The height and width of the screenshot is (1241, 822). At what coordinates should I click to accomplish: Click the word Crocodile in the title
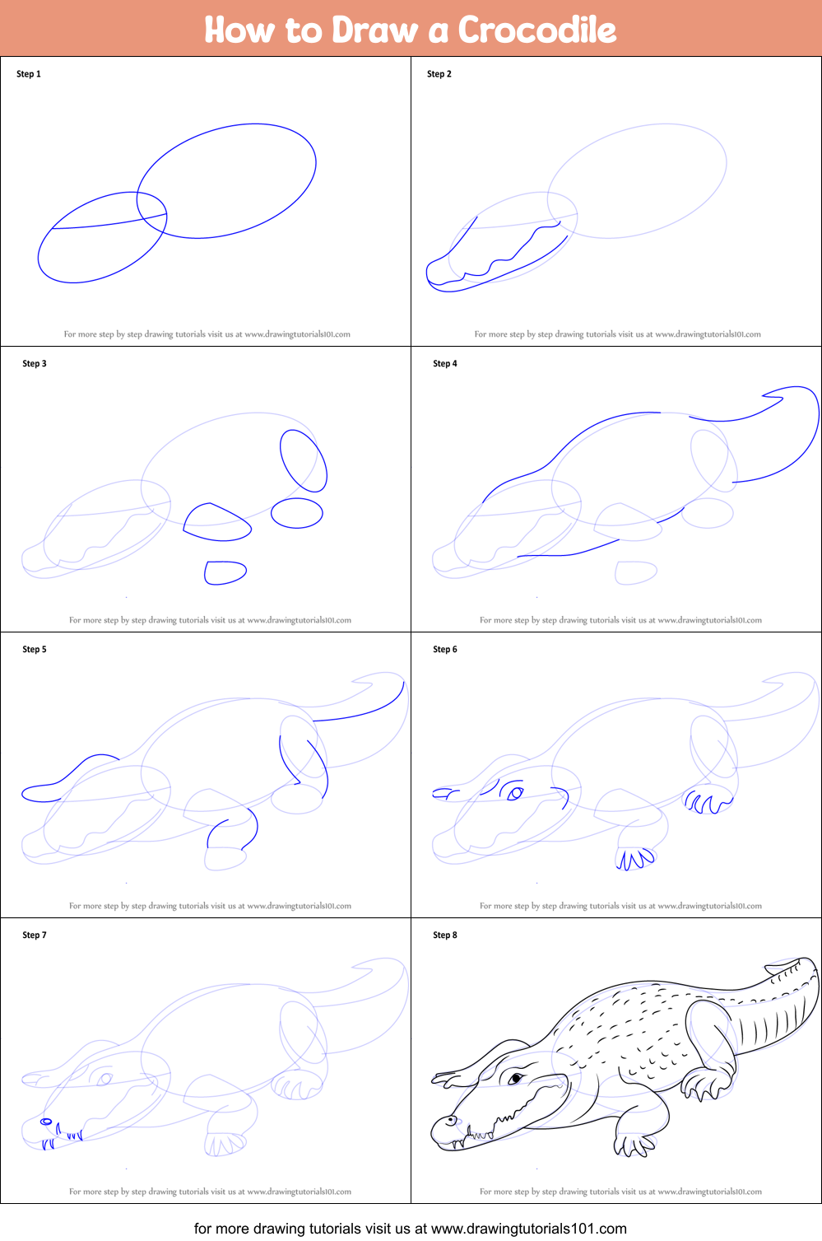536,30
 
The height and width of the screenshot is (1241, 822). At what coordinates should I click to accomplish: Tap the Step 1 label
28,73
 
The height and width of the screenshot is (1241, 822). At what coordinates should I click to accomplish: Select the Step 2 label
439,73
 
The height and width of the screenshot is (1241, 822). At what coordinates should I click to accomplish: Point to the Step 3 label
35,363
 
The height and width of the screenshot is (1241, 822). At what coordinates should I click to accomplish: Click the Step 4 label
445,363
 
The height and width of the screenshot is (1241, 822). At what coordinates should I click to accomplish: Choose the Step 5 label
35,649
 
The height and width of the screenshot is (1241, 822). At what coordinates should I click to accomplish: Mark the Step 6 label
445,649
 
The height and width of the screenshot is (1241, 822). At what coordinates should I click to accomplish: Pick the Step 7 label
35,935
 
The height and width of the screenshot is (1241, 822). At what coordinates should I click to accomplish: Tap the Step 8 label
445,935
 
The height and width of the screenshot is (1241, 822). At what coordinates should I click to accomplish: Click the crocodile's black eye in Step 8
515,1078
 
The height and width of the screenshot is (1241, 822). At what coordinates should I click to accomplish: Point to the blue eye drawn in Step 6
515,793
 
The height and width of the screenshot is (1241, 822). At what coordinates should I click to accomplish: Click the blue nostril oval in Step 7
46,1122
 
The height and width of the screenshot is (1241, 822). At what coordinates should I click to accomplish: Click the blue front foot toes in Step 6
635,859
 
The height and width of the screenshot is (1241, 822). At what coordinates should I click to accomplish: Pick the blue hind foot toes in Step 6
708,802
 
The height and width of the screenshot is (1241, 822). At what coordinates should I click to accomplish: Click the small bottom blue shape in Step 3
225,572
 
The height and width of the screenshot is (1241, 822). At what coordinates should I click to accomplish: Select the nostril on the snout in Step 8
451,1121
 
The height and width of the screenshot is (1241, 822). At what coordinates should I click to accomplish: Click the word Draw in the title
374,30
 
